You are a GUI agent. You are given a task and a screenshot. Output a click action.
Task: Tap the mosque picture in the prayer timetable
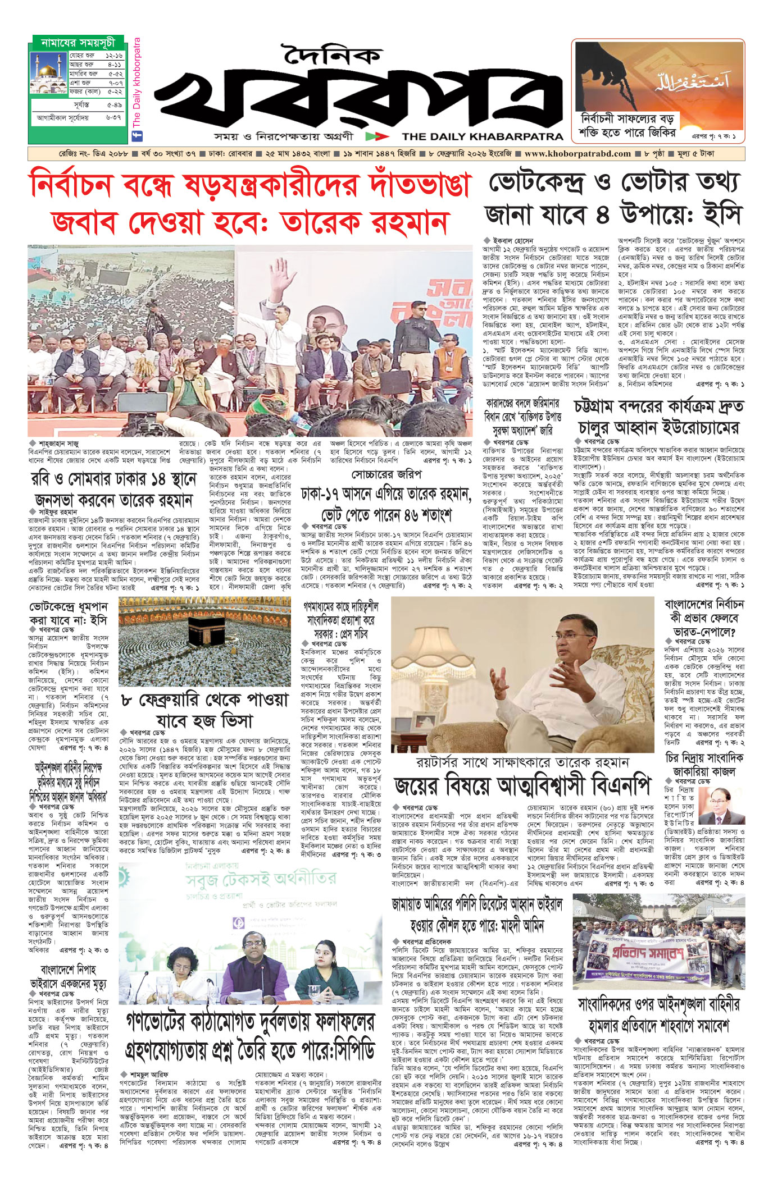coord(48,73)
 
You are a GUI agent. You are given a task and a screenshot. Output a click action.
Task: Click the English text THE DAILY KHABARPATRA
coord(482,136)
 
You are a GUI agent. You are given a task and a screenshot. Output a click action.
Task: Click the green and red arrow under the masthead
coord(376,136)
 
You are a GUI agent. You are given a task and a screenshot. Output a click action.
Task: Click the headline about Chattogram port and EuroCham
coord(659,417)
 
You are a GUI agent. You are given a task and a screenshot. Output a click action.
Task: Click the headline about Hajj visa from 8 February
coord(205,711)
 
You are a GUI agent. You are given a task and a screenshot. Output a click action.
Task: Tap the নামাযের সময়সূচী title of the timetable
coord(78,43)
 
